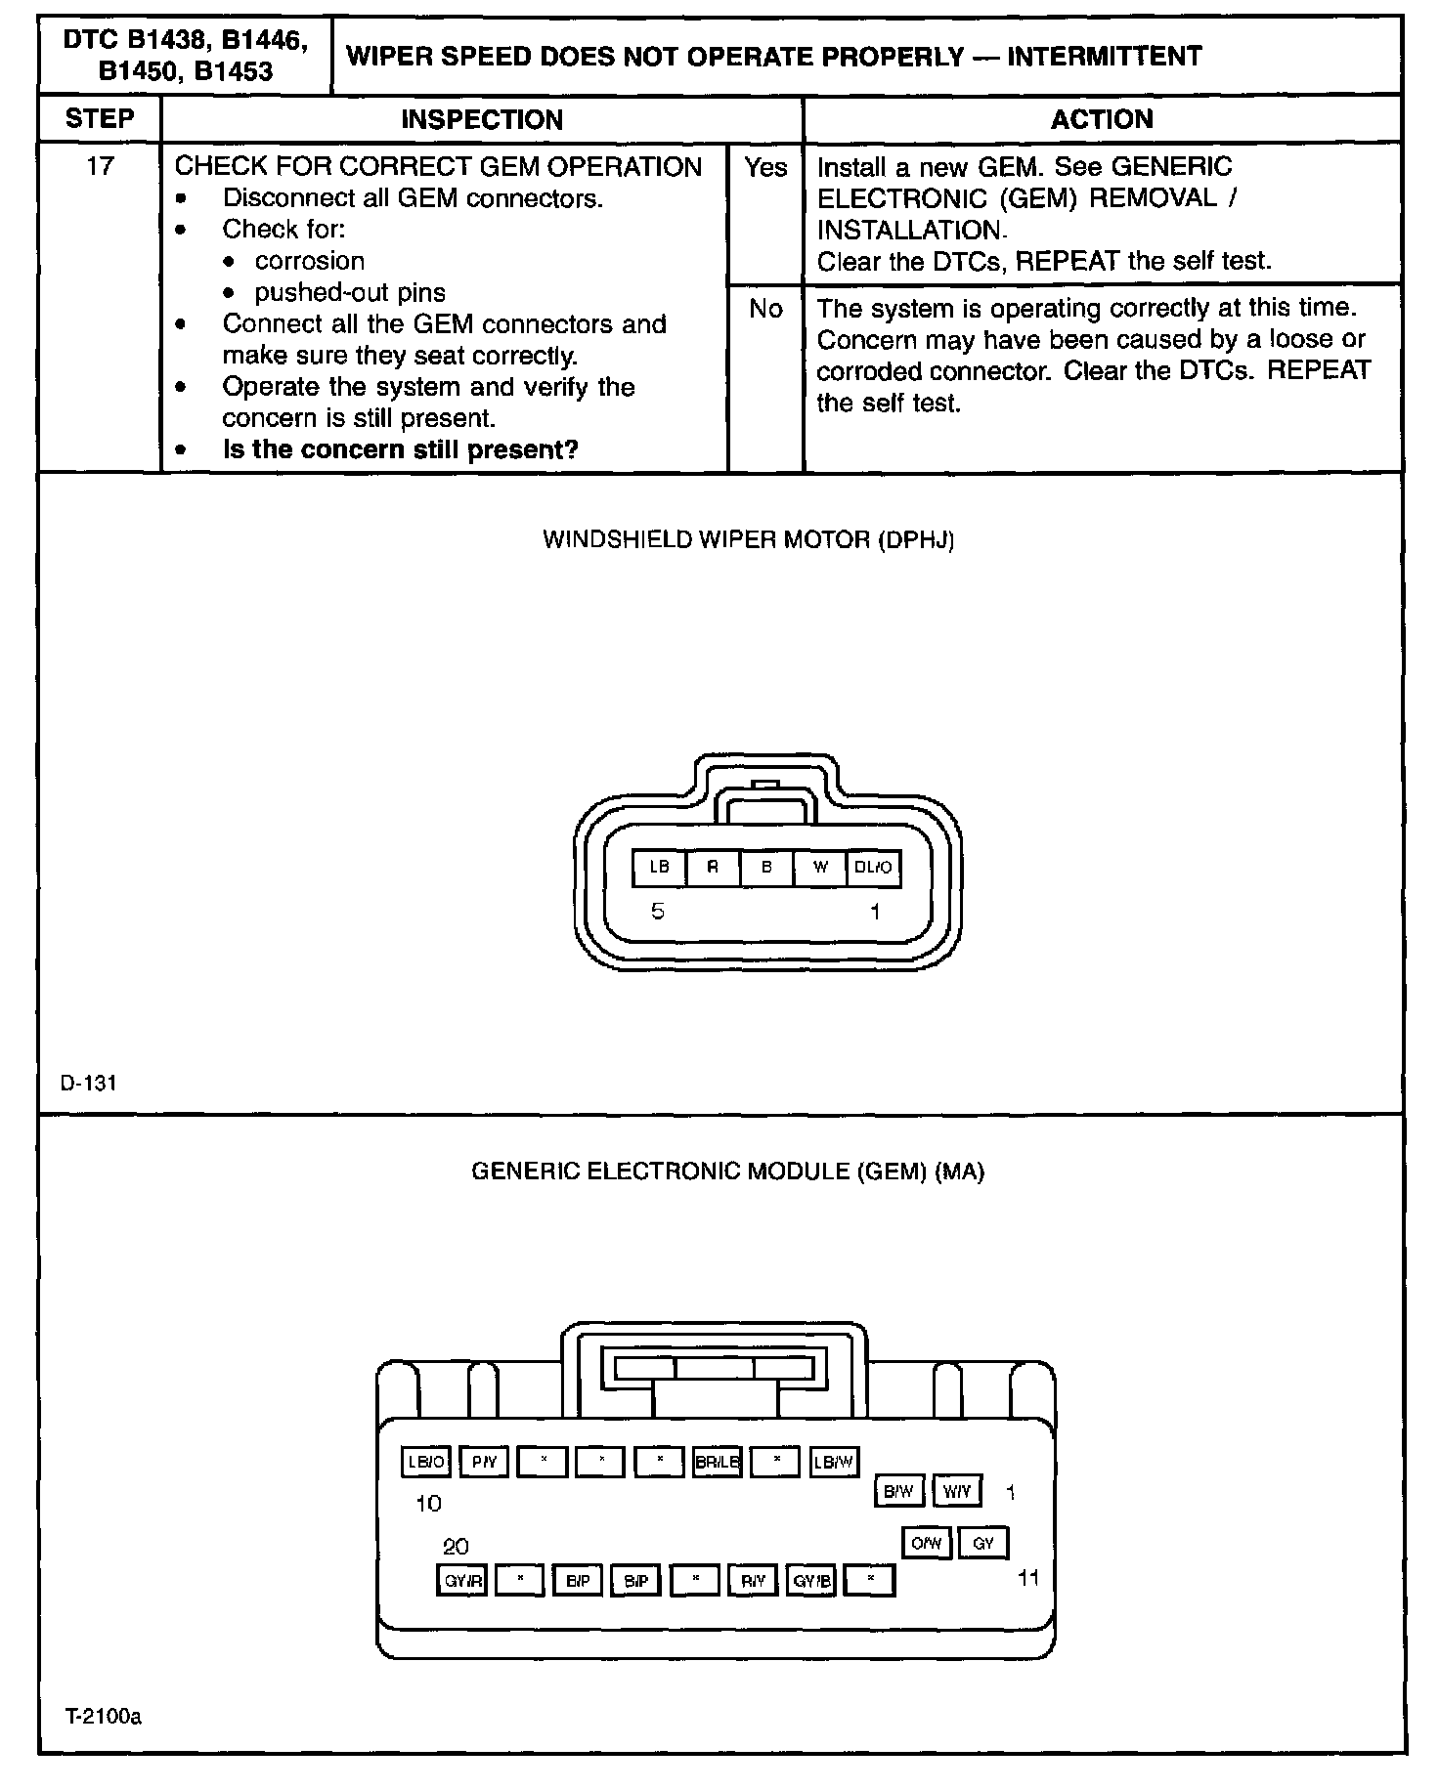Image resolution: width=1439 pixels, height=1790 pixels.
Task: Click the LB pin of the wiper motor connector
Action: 659,868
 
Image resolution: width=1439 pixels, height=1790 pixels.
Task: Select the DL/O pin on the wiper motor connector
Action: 873,868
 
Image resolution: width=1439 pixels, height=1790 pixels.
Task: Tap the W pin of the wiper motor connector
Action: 820,868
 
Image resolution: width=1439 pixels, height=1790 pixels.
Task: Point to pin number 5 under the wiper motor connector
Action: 658,912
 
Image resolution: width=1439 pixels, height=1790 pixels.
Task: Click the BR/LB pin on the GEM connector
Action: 717,1463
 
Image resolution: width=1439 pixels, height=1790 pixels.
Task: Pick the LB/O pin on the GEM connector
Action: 426,1463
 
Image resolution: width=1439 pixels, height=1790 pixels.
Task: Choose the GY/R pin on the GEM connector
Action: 461,1580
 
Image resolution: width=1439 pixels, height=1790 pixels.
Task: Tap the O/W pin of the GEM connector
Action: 926,1543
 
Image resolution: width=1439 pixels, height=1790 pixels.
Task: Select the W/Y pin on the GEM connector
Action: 957,1491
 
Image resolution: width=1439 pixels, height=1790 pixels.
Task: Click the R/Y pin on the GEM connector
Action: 753,1580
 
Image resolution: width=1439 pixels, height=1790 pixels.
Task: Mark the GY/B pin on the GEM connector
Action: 811,1580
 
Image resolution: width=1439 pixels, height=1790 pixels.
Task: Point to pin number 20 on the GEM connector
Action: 456,1547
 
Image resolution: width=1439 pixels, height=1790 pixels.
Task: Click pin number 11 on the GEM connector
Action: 1028,1577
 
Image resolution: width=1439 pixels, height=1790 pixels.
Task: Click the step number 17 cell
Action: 100,167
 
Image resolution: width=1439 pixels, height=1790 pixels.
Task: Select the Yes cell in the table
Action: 765,168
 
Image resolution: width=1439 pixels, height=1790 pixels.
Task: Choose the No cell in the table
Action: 765,310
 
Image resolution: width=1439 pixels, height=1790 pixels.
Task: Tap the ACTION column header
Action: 1102,119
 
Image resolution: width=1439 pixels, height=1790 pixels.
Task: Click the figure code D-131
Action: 89,1083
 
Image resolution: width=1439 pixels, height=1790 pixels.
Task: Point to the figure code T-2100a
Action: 104,1717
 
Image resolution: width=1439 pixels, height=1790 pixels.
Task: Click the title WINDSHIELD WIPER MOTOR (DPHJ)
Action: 748,539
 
